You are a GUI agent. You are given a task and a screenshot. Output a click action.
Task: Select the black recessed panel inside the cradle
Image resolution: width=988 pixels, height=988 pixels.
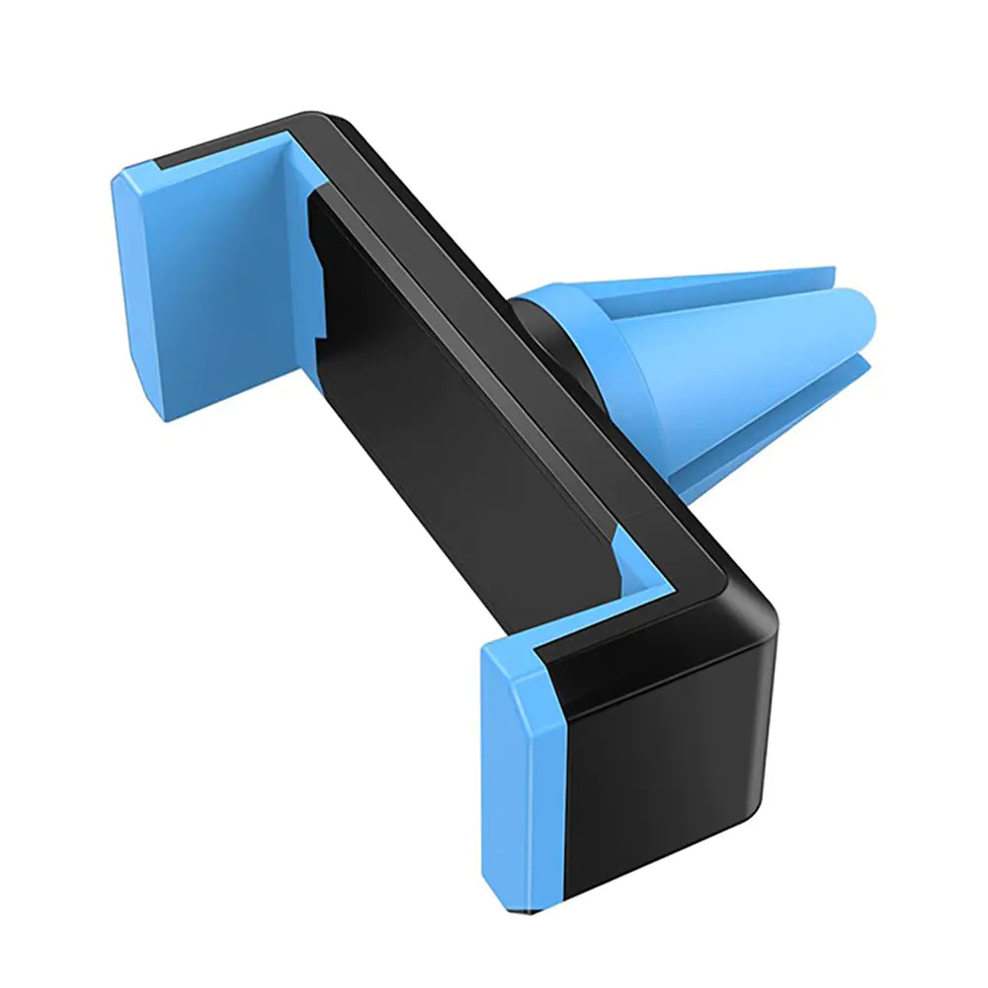[445, 415]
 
